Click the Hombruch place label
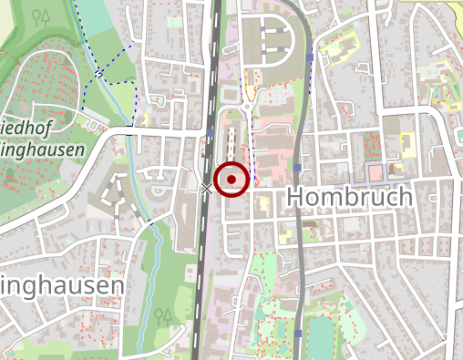click(349, 196)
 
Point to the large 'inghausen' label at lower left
click(61, 286)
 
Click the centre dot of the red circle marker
click(232, 180)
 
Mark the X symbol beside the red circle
click(207, 189)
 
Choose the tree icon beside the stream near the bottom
click(164, 315)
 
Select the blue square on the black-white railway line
click(211, 131)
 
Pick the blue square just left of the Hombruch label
click(298, 168)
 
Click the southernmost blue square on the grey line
click(298, 334)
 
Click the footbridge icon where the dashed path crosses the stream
click(98, 73)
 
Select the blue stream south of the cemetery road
click(155, 246)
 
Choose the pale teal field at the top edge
click(91, 18)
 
